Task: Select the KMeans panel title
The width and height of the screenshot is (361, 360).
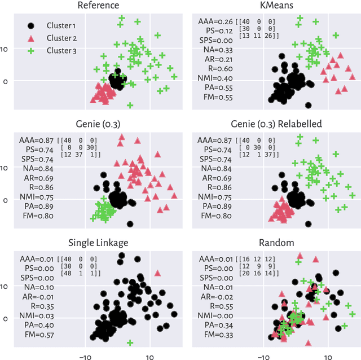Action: click(276, 6)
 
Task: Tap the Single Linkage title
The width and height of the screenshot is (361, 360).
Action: click(99, 242)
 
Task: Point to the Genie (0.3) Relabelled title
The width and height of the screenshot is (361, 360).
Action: click(276, 124)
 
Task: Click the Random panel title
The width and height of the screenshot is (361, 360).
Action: click(276, 242)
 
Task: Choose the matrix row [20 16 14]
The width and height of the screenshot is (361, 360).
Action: click(258, 273)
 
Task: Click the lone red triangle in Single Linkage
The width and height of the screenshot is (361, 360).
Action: click(157, 273)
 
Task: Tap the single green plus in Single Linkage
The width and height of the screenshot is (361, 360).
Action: click(130, 343)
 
